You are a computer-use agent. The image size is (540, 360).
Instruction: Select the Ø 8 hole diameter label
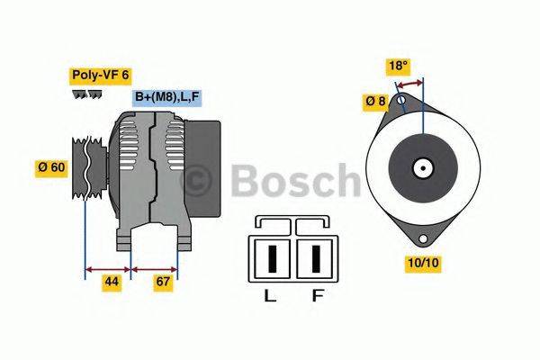pyautogui.click(x=374, y=102)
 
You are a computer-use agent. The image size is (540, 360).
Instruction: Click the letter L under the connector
pyautogui.click(x=269, y=296)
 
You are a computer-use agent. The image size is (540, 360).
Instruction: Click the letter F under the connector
pyautogui.click(x=318, y=296)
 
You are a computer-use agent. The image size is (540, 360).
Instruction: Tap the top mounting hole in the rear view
pyautogui.click(x=399, y=103)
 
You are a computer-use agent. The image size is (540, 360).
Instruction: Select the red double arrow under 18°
pyautogui.click(x=410, y=83)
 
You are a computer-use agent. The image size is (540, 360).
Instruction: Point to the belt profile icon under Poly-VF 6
pyautogui.click(x=85, y=94)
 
